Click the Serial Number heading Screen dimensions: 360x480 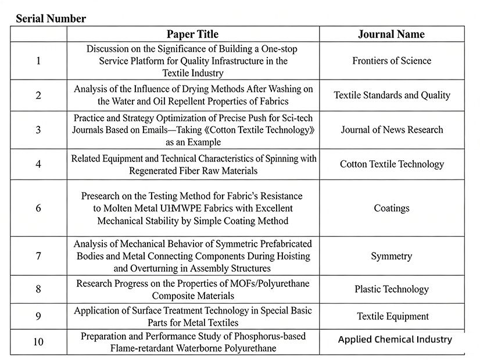pyautogui.click(x=51, y=19)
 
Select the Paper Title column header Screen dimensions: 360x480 pyautogui.click(x=192, y=34)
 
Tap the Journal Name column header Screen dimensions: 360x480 pyautogui.click(x=391, y=34)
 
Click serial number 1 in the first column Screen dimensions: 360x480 pyautogui.click(x=38, y=61)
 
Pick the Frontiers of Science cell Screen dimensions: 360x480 pyautogui.click(x=392, y=61)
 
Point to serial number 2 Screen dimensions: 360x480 pyautogui.click(x=38, y=95)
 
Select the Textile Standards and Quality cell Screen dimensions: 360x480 pyautogui.click(x=392, y=95)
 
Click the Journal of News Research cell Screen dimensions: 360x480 pyautogui.click(x=392, y=129)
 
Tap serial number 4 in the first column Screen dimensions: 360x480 pyautogui.click(x=38, y=164)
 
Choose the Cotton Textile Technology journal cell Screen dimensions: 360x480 pyautogui.click(x=392, y=164)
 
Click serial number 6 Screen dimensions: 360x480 pyautogui.click(x=38, y=208)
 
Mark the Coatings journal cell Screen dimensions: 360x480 pyautogui.click(x=392, y=208)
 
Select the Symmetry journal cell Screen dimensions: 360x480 pyautogui.click(x=392, y=256)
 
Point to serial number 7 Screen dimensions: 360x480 pyautogui.click(x=38, y=256)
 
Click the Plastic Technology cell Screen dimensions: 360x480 pyautogui.click(x=392, y=289)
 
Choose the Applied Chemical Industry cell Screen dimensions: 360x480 pyautogui.click(x=395, y=340)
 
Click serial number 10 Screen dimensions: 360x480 pyautogui.click(x=38, y=341)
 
